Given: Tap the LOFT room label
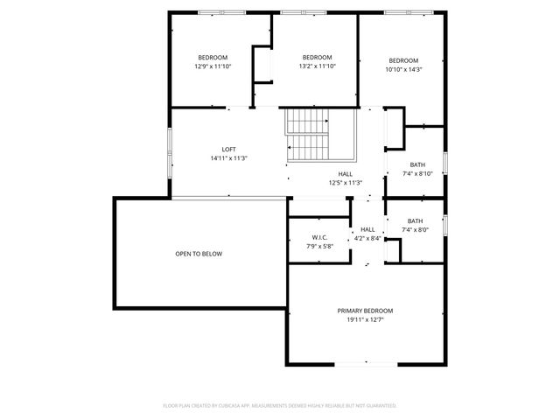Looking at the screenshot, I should point(229,150).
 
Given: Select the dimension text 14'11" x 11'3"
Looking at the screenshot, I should point(229,158).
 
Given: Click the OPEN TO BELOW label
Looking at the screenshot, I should point(199,254).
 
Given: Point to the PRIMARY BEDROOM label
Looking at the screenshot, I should point(365,311).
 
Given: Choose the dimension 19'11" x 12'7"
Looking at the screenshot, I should point(365,320).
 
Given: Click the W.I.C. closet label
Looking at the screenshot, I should point(319,238).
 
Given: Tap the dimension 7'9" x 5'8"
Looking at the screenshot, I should point(319,247).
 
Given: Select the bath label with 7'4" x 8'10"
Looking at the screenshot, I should point(417,164).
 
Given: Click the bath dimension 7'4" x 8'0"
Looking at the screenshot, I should point(415,230).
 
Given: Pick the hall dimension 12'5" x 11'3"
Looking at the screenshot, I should point(346,183).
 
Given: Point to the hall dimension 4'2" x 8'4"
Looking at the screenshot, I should point(367,238).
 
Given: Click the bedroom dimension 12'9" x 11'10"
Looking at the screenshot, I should point(212,66).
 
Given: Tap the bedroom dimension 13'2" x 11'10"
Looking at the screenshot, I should point(317,66).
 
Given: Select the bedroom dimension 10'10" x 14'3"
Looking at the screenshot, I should point(404,70).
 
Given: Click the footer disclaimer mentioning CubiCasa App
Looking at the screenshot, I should point(280,406).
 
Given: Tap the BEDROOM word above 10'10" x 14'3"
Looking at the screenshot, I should point(404,60).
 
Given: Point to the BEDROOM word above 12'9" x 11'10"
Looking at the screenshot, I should point(212,57).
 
